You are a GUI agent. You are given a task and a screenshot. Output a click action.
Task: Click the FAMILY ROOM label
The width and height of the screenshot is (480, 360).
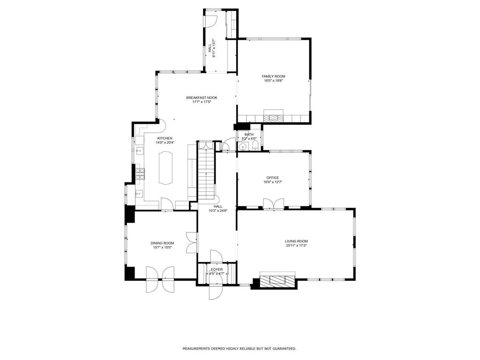(x=273, y=76)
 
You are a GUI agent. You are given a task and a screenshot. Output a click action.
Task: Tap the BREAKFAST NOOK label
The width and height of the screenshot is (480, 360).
(x=202, y=97)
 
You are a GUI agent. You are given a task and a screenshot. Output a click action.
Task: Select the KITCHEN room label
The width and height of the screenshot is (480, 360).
(x=165, y=138)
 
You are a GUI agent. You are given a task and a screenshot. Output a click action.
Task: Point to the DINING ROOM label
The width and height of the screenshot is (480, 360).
(x=162, y=243)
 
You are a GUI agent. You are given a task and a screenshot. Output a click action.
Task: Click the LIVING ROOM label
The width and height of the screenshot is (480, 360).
(x=296, y=241)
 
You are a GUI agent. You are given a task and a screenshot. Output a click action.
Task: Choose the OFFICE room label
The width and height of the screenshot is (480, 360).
(x=272, y=178)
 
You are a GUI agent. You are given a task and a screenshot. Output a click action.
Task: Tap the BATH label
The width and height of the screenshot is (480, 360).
(x=248, y=135)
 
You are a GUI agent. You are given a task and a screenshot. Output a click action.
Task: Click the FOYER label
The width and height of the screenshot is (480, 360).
(x=217, y=270)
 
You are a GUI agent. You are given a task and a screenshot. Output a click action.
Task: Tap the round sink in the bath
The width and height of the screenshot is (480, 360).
(x=242, y=147)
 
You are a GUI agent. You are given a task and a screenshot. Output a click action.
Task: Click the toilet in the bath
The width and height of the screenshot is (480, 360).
(x=255, y=147)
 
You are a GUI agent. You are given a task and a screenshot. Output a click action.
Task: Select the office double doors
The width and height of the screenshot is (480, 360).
(x=273, y=203)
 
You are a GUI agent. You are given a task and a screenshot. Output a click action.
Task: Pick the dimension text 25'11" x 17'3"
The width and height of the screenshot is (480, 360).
(x=296, y=246)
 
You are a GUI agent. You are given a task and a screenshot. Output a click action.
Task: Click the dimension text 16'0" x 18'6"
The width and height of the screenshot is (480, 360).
(x=273, y=81)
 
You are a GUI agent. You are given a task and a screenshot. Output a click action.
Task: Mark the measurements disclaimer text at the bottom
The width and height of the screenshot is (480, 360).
(x=239, y=349)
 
